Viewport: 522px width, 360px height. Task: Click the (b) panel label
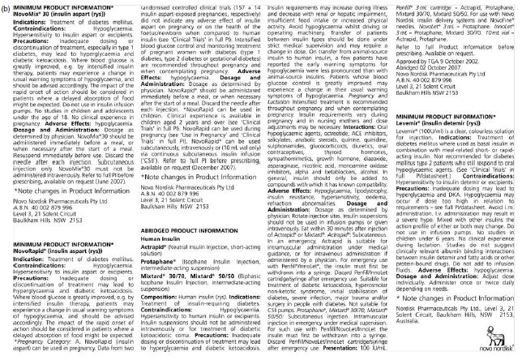[6, 6]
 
